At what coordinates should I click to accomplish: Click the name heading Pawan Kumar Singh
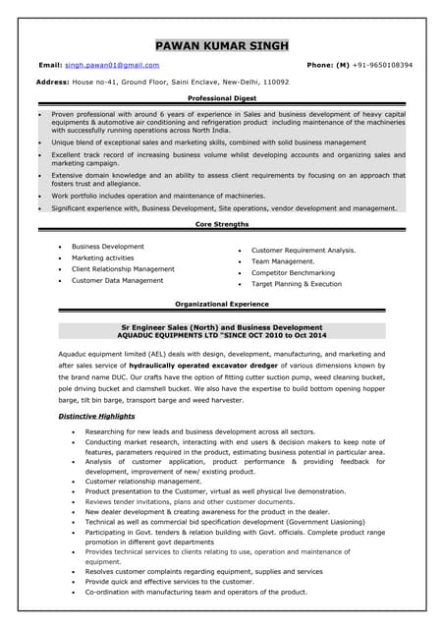pos(221,45)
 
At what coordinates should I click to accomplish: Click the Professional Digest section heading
pos(221,100)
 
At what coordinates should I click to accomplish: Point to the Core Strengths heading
pos(221,225)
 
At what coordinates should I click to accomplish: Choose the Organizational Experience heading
pos(221,305)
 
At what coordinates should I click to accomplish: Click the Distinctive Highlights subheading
pos(96,416)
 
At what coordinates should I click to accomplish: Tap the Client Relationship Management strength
pos(123,268)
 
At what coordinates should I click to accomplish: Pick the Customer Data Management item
pos(117,280)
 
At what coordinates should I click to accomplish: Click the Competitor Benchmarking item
pos(293,272)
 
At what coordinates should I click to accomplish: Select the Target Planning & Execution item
pos(297,283)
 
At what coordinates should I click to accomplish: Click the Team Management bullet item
pos(283,261)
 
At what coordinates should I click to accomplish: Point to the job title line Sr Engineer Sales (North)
pos(221,326)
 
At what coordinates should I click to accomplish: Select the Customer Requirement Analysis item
pos(304,250)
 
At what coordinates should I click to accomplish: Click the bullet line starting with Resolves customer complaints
pos(203,571)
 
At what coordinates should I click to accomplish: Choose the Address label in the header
pos(51,82)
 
